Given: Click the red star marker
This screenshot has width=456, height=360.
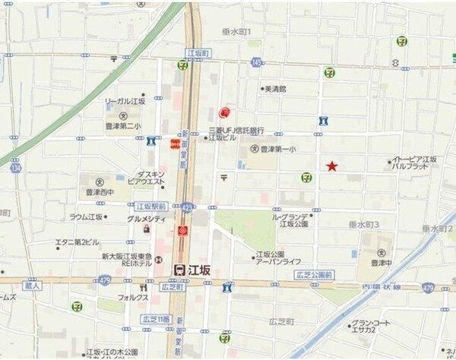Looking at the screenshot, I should [x=332, y=166].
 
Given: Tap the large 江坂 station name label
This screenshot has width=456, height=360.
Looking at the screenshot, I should [x=195, y=269].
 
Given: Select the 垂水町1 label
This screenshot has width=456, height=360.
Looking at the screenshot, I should [x=236, y=31].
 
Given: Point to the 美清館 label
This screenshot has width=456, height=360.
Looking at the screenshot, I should [x=274, y=89].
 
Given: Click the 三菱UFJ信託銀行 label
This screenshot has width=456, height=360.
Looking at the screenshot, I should [x=236, y=130].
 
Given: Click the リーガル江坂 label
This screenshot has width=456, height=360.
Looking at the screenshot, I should [x=125, y=101].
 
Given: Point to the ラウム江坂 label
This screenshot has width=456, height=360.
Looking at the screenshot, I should [x=86, y=217].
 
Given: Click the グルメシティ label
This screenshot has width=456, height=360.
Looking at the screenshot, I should [x=146, y=219].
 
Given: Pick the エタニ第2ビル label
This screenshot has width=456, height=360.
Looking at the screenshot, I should [x=77, y=242].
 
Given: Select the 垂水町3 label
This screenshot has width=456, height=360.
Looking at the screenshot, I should [x=366, y=225].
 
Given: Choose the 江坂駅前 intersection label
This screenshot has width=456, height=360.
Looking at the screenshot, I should [x=150, y=206].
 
